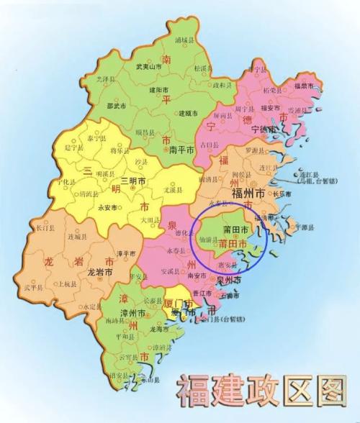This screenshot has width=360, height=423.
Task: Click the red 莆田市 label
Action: point(237,245)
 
